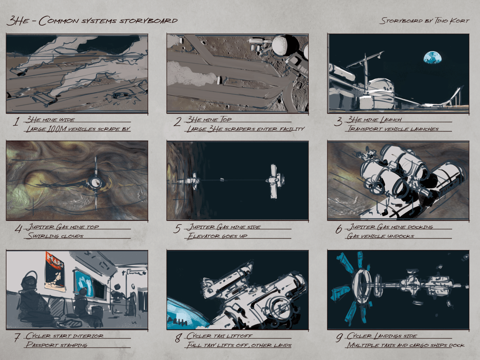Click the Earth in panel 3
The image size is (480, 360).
pos(434,57)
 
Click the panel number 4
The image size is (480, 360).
pos(18,229)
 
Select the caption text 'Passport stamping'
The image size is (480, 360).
pos(56,344)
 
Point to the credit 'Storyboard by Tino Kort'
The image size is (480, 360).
pos(424,20)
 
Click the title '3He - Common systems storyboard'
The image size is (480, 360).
pos(92,21)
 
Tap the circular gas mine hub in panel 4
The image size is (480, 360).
pos(96,183)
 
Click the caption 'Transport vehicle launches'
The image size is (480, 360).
pos(393,129)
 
